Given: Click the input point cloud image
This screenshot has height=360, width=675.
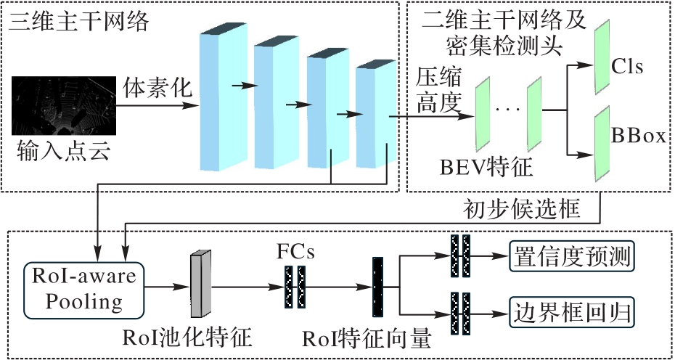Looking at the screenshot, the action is [64, 105].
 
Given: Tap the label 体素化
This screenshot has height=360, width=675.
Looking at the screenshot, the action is [157, 89].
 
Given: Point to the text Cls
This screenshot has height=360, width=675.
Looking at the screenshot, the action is [627, 67].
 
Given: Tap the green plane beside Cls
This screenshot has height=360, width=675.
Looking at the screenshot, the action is [602, 56].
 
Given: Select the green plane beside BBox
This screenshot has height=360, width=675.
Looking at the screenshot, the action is [602, 144].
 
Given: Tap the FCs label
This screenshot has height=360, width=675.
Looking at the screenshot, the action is [295, 252].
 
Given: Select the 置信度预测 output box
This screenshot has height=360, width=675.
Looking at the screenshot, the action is [572, 258].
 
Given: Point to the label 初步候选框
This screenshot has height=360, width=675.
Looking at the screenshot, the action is [522, 210].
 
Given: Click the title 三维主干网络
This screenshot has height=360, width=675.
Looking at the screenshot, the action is [79, 21].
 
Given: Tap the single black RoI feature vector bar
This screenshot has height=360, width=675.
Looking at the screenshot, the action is [377, 287].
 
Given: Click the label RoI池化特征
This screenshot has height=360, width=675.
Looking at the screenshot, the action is [187, 338].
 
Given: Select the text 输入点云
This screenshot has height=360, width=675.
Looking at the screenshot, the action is [63, 151].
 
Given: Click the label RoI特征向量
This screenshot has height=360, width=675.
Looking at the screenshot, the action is [367, 339].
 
